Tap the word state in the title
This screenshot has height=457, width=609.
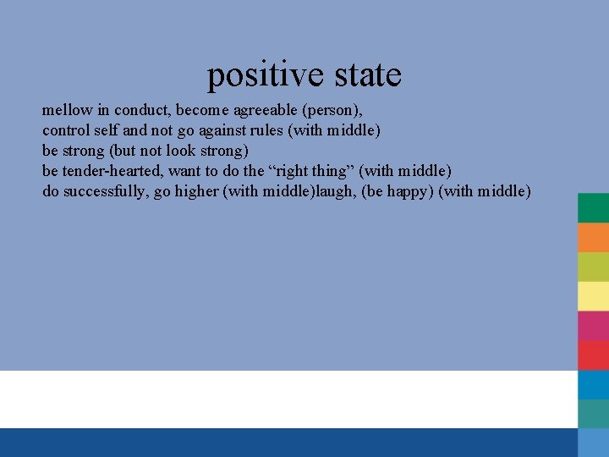tap(368, 76)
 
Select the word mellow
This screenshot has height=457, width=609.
tap(67, 110)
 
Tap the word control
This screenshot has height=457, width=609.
tap(66, 130)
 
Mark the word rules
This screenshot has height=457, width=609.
tap(264, 130)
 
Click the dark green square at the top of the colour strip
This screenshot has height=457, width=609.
tap(593, 208)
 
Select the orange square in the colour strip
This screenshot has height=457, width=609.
tap(593, 238)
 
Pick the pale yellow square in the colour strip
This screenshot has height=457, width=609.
tap(593, 296)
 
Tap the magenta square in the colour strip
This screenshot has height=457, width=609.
tap(593, 326)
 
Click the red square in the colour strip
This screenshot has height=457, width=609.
tap(593, 355)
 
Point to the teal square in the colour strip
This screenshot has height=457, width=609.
tap(593, 414)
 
